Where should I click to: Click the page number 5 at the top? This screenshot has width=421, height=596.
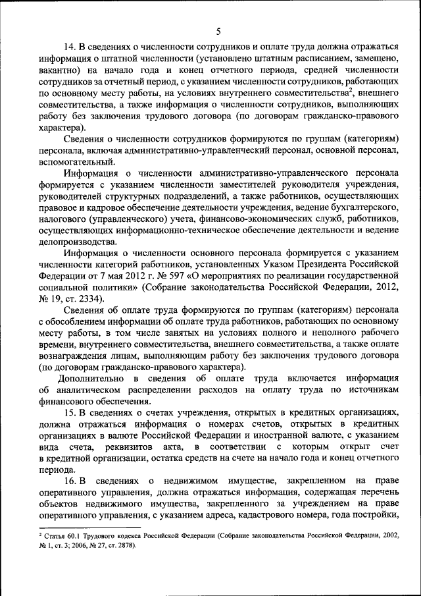click(x=218, y=30)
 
